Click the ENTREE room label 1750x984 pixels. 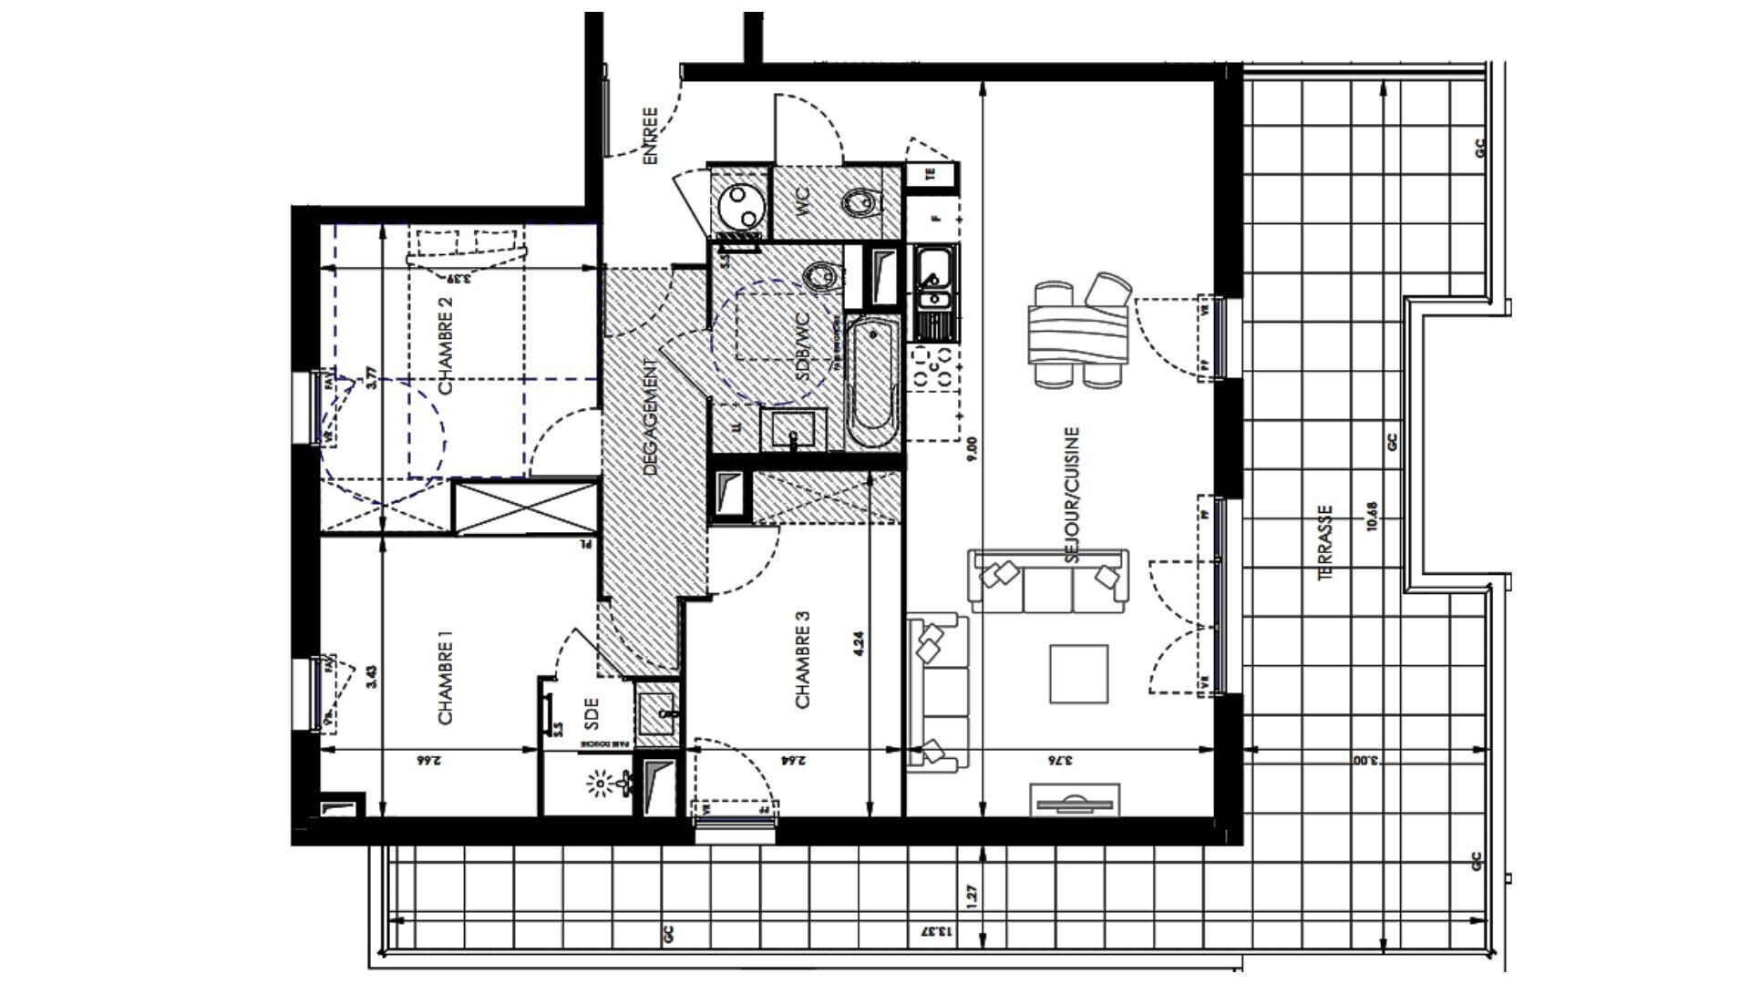(650, 137)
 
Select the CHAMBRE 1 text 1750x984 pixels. (447, 684)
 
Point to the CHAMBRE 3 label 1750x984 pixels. (803, 659)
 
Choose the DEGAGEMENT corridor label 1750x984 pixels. (650, 417)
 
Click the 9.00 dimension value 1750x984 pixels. (972, 447)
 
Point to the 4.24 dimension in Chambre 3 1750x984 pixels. (859, 644)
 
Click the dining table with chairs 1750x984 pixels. (1077, 333)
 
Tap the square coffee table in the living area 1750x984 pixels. (1079, 674)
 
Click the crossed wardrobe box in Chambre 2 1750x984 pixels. (526, 507)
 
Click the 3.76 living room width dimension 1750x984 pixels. (1055, 760)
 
